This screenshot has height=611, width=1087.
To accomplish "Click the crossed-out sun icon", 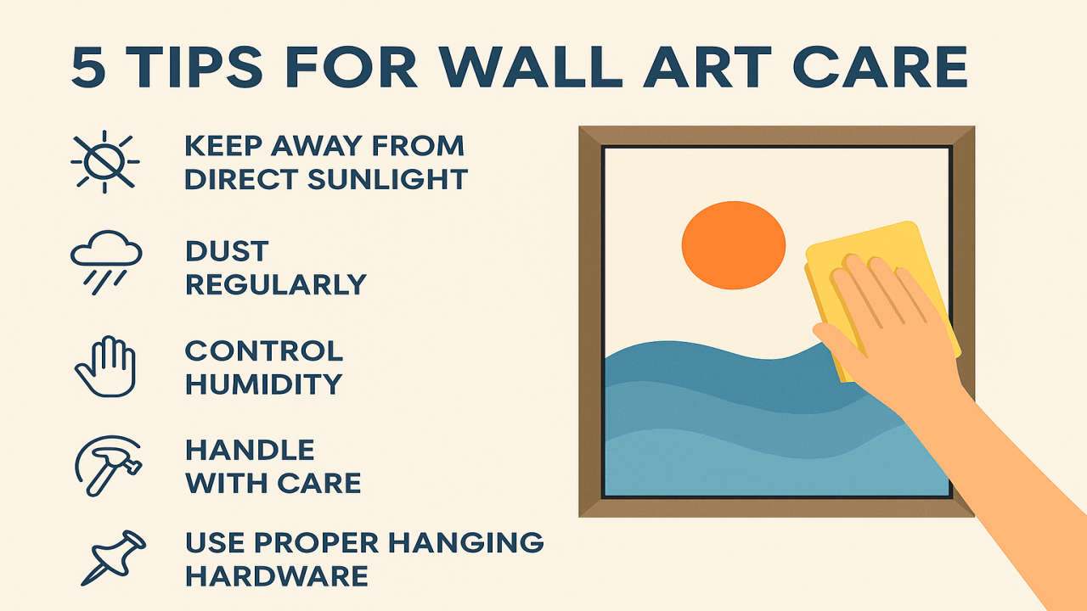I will click(x=104, y=161).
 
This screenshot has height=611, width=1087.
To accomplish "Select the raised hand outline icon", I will click(x=105, y=366).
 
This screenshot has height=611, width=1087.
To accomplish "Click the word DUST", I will click(x=227, y=251).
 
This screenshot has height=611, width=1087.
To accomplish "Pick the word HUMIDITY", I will click(x=263, y=384).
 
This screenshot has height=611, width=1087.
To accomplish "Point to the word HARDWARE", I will click(x=277, y=575).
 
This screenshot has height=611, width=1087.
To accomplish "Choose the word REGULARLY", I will click(x=276, y=284).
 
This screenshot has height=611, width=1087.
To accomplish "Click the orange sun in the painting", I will click(x=734, y=244).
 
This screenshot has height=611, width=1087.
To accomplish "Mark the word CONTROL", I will click(x=264, y=350).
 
